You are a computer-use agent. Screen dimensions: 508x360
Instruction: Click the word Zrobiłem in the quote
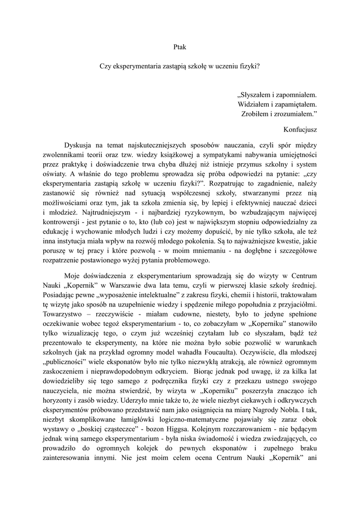[x=256, y=115]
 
